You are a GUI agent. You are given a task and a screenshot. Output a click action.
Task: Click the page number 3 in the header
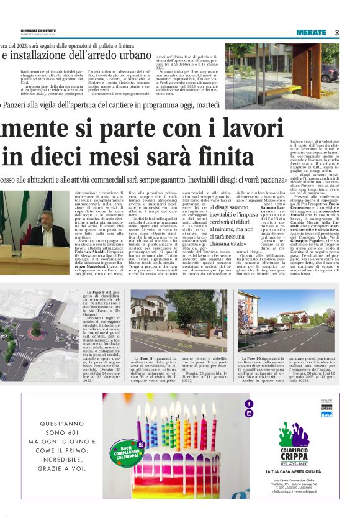point(336,32)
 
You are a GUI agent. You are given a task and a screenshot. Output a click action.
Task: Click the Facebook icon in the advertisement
point(250,404)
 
